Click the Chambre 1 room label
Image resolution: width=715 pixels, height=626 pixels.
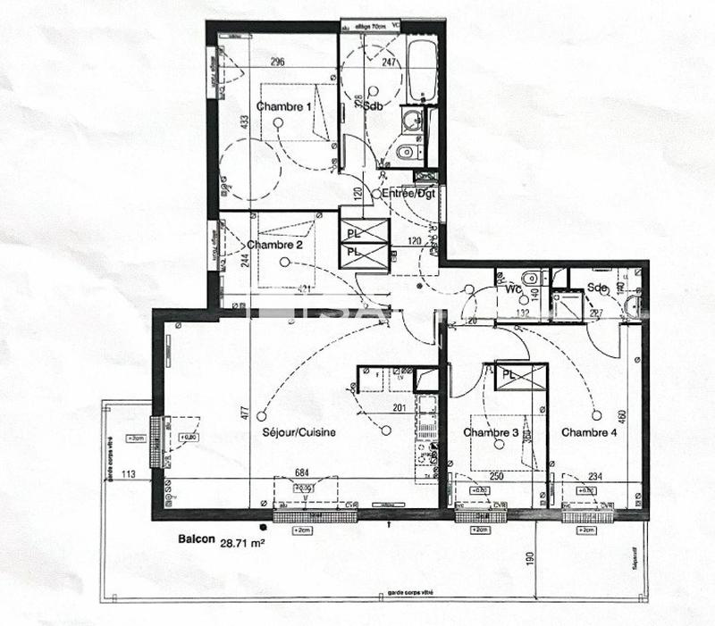pyautogui.click(x=284, y=107)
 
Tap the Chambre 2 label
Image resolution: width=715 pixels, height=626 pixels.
pyautogui.click(x=274, y=245)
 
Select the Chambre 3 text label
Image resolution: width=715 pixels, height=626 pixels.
pyautogui.click(x=491, y=433)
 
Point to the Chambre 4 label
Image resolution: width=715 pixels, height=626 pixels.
pyautogui.click(x=589, y=433)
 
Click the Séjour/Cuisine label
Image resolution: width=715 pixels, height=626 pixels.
pyautogui.click(x=299, y=433)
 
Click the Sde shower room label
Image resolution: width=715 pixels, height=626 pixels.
pyautogui.click(x=597, y=288)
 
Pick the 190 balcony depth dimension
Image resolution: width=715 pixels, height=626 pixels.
pyautogui.click(x=529, y=559)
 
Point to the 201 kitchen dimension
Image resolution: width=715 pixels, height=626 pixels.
pyautogui.click(x=400, y=408)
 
